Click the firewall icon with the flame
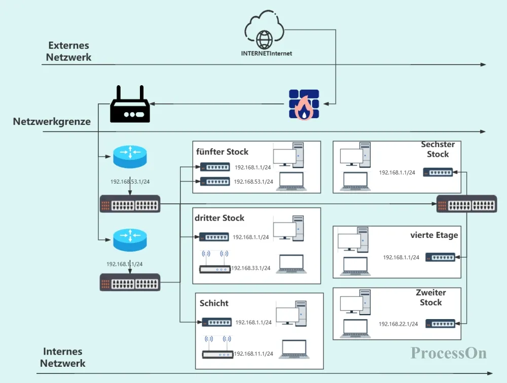(x=304, y=104)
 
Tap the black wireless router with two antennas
(x=130, y=104)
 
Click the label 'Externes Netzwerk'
(x=68, y=51)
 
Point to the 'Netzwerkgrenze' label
(x=52, y=121)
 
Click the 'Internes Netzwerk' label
(x=63, y=357)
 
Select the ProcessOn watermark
(x=449, y=353)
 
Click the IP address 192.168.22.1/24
(x=398, y=324)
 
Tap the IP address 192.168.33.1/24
(x=250, y=268)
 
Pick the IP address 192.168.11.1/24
(x=253, y=354)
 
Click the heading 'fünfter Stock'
(x=222, y=152)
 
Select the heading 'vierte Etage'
(x=434, y=235)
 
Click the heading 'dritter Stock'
(x=219, y=218)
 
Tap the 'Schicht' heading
(x=214, y=303)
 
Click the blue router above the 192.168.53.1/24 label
(x=130, y=157)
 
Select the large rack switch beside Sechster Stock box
(x=466, y=204)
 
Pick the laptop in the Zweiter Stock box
(x=355, y=329)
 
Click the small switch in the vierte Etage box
(x=440, y=257)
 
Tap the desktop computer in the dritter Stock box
(x=288, y=228)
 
